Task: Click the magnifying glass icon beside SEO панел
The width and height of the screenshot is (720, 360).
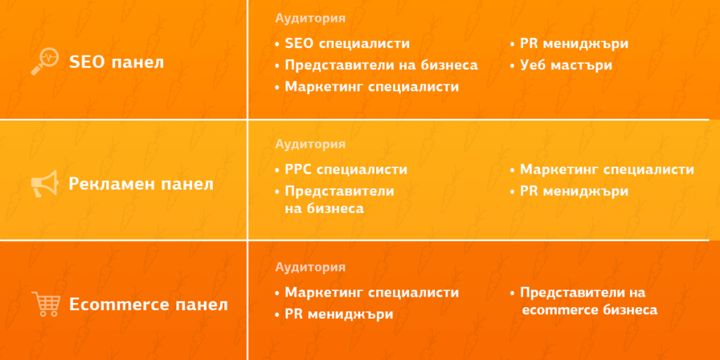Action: tap(45, 61)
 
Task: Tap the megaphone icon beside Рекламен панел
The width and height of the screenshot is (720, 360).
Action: tap(45, 185)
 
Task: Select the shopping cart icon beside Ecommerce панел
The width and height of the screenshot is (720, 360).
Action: tap(45, 304)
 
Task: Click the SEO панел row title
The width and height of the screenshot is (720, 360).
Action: tap(116, 62)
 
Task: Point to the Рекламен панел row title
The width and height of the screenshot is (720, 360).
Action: tap(141, 185)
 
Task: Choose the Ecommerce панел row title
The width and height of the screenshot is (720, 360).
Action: tap(148, 305)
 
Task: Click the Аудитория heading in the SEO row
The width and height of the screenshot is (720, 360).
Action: tap(310, 19)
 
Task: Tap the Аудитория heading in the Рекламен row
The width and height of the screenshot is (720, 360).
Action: tap(310, 144)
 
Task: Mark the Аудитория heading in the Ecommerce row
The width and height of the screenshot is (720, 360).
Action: tap(310, 267)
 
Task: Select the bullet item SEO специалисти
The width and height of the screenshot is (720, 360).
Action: tap(347, 44)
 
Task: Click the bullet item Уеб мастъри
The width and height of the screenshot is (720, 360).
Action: tap(566, 65)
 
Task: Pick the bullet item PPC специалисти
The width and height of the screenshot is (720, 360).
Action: tap(346, 169)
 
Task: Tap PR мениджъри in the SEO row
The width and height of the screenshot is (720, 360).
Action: tap(574, 44)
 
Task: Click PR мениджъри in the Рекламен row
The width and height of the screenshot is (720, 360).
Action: tap(574, 191)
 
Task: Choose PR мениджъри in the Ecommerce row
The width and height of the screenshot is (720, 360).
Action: tap(338, 314)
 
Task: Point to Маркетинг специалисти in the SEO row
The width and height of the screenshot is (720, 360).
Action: tap(371, 87)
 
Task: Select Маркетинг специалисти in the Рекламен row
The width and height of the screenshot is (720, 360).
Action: tap(607, 169)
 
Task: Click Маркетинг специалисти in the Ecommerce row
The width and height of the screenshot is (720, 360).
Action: tap(371, 292)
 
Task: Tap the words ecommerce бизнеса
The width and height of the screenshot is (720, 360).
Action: tap(589, 310)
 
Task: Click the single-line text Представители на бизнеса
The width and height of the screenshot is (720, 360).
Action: tap(381, 65)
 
